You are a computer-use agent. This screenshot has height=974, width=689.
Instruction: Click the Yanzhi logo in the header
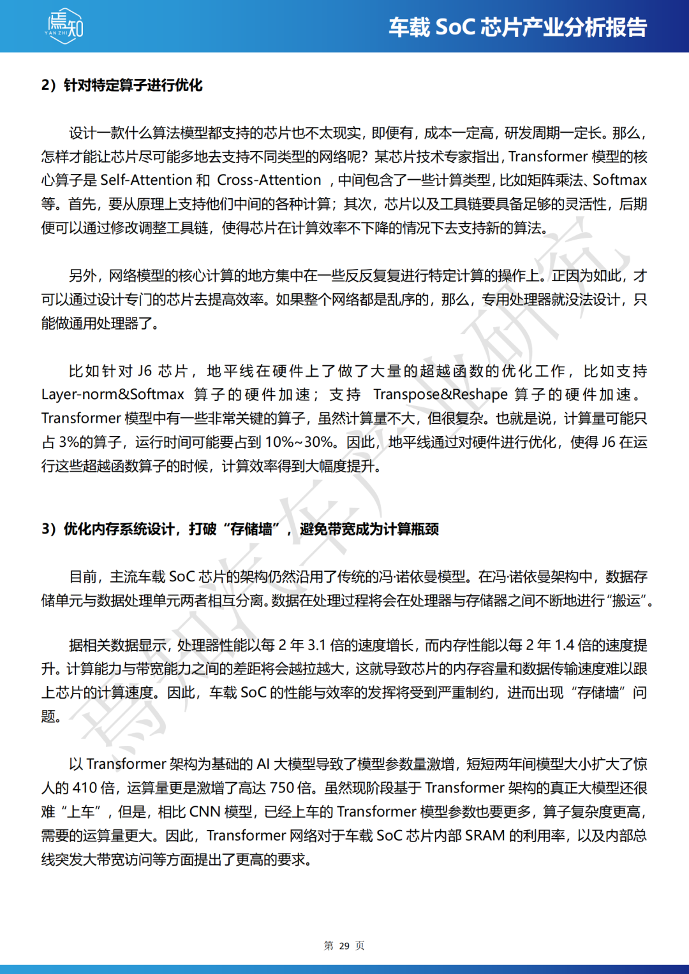pos(64,26)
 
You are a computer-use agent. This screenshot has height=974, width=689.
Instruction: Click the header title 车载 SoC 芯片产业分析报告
pos(517,27)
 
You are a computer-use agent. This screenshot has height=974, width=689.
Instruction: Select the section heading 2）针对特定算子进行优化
pos(122,85)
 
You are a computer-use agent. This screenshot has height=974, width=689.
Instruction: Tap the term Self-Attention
pos(147,180)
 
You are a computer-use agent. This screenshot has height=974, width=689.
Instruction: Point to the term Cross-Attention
pos(269,180)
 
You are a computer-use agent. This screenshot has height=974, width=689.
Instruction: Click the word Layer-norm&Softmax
pos(113,395)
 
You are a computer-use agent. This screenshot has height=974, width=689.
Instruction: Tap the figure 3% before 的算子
pos(69,442)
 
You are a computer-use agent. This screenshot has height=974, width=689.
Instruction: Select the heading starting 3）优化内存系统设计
pos(240,529)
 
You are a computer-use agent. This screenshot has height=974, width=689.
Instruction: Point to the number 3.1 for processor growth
pos(317,645)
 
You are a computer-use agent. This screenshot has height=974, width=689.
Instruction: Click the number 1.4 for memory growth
pos(565,645)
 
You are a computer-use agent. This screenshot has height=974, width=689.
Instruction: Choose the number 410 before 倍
pos(85,789)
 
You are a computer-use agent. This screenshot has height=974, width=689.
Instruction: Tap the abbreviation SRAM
pos(485,836)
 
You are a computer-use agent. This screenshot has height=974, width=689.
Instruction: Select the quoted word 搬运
pos(627,601)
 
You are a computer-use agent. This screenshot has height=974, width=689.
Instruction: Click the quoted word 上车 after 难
pos(81,812)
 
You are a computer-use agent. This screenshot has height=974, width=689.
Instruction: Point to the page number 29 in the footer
pos(344,946)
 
